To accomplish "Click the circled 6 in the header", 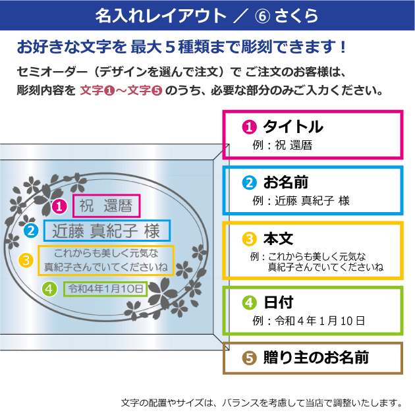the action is pos(262,16).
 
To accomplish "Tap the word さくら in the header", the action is pos(296,16).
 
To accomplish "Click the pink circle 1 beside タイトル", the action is pos(249,126).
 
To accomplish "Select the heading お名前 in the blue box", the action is pos(286,182).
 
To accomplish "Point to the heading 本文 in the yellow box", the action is pos(278,238).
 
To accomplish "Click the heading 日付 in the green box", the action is pos(279,302).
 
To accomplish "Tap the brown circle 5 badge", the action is pos(249,358).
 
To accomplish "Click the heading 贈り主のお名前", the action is pos(316,357).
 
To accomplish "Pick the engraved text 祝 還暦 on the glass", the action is pos(106,206).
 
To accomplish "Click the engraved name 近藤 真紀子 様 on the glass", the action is pos(106,231).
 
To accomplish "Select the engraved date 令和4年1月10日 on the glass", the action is pos(105,289).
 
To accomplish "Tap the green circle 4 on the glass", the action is pos(49,289).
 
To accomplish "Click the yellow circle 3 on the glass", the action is pos(26,260).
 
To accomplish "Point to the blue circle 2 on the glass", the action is pos(31,231).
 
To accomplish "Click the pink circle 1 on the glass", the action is pos(59,206).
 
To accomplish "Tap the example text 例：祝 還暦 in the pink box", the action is pos(282,145).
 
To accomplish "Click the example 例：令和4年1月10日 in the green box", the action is pos(308,321).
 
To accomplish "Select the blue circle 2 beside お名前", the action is pos(249,182).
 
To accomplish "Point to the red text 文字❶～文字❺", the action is pos(121,90).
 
